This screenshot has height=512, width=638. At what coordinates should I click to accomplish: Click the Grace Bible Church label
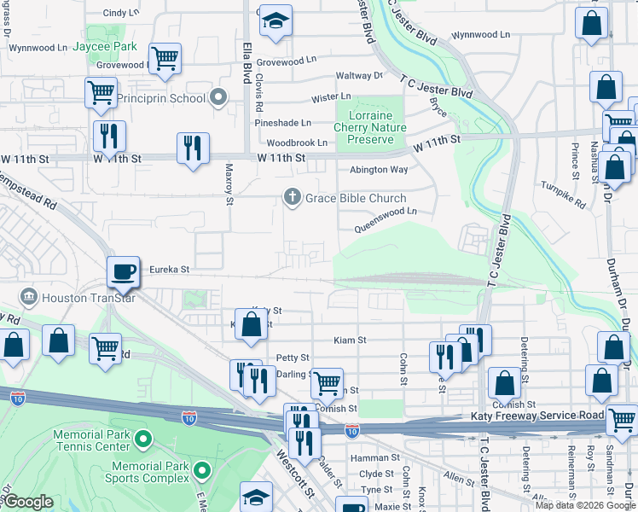(x=351, y=198)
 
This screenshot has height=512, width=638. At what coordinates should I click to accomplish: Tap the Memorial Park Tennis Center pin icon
(x=142, y=440)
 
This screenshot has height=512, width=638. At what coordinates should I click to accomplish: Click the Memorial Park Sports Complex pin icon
(x=202, y=470)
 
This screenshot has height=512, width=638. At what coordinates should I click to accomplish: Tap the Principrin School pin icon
(x=219, y=98)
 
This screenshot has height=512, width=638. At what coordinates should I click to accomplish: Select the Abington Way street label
(x=379, y=170)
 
